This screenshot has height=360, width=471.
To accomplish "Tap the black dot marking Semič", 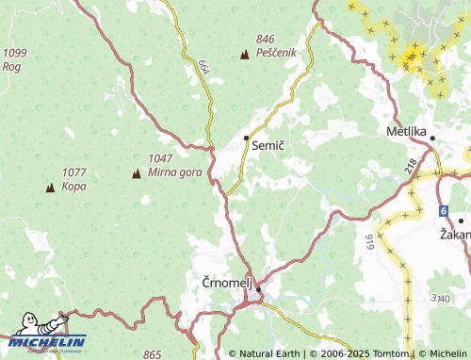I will click(247, 139).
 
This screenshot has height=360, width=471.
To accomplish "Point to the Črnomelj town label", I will click(226, 282).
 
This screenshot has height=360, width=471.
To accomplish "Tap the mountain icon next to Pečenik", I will click(246, 54).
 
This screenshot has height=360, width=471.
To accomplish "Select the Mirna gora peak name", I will click(174, 173).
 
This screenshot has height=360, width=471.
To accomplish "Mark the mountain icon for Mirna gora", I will click(136, 173).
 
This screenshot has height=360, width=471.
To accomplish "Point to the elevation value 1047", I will click(162, 159).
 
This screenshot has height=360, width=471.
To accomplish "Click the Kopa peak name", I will click(73, 186).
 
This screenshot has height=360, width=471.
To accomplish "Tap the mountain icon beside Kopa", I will click(50, 188).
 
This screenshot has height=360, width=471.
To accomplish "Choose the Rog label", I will click(12, 67).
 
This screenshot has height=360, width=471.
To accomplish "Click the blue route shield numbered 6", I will click(443, 210).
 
